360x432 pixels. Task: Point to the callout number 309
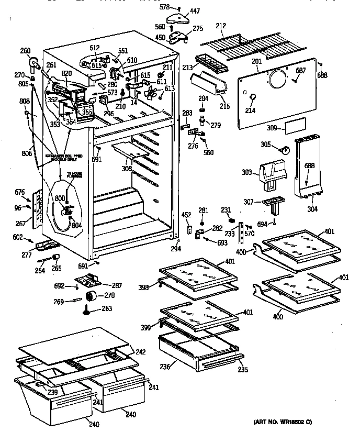pos(272,127)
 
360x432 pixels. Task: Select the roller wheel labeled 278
pos(92,297)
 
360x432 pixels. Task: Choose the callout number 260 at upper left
pos(25,51)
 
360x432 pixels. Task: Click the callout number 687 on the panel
pos(300,70)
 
